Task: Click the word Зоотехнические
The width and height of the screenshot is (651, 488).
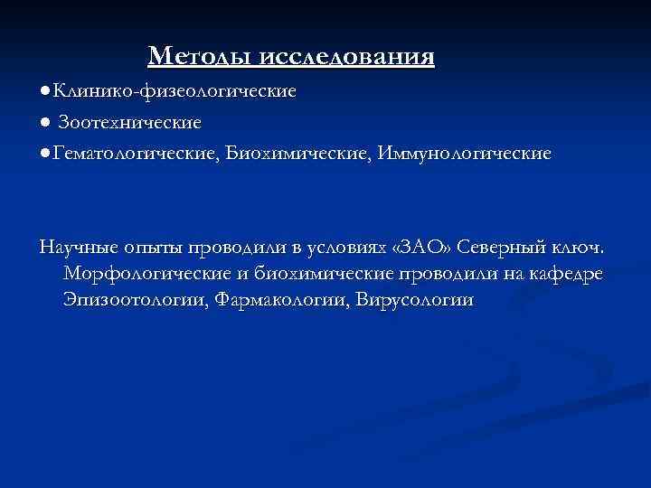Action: [x=130, y=121]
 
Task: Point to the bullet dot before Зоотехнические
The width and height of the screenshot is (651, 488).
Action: [x=44, y=121]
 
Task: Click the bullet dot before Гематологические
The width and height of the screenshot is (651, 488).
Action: [x=44, y=154]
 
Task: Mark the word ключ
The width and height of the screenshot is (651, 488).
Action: [x=585, y=247]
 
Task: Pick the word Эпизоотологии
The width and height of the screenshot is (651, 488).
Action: [x=136, y=300]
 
